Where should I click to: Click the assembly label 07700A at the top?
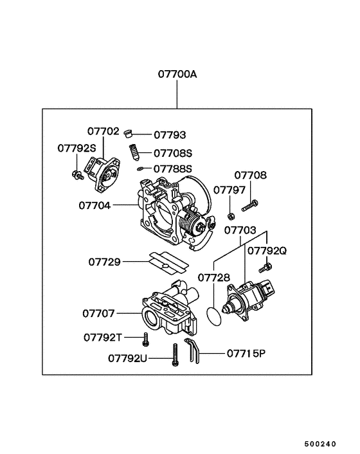(x=177, y=74)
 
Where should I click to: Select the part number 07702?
(x=103, y=131)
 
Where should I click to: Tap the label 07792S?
(x=76, y=147)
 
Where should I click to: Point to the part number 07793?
(x=170, y=135)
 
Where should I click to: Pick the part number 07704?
(x=94, y=206)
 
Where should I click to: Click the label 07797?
(x=230, y=190)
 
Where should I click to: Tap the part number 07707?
(x=98, y=314)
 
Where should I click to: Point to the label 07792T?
(x=103, y=337)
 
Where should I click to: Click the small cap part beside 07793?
(x=129, y=134)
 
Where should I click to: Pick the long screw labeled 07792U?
(x=174, y=355)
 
